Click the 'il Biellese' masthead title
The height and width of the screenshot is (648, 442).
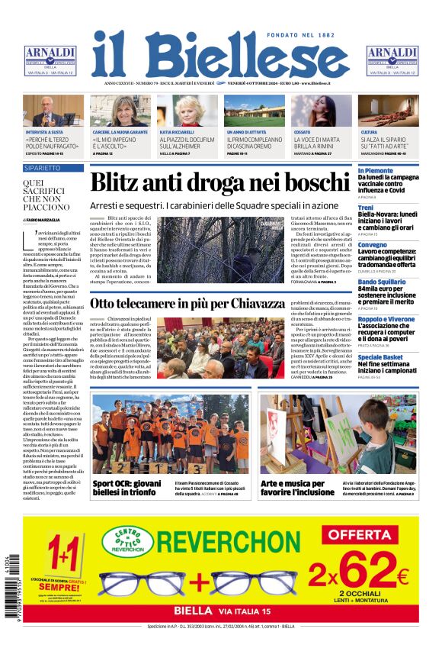(221, 54)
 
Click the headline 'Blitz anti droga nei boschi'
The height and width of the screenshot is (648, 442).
(219, 184)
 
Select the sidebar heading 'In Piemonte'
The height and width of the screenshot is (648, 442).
(375, 171)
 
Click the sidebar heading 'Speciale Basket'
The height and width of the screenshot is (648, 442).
(381, 357)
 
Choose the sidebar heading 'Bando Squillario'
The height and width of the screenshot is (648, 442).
(382, 282)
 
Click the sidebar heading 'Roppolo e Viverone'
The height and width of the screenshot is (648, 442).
(386, 320)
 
